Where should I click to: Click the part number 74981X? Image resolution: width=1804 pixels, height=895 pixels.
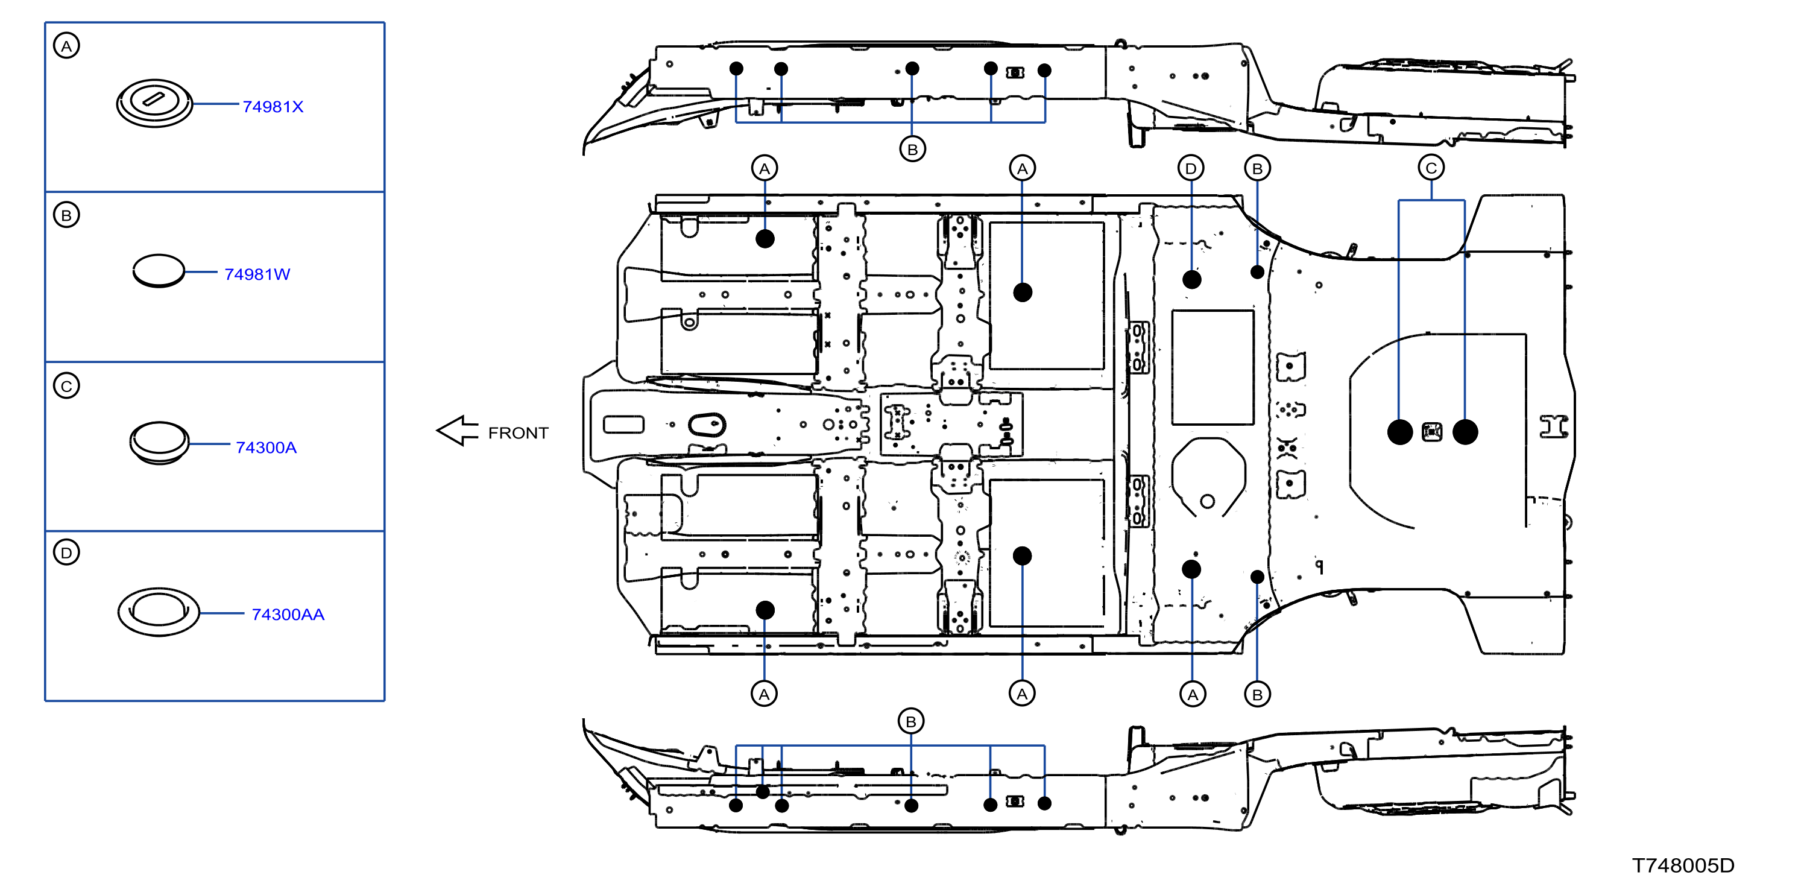tap(273, 107)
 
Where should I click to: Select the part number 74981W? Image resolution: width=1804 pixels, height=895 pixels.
tap(257, 274)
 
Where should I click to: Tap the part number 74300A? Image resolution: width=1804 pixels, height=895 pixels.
tap(266, 447)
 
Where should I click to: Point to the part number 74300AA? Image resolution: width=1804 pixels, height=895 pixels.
tap(288, 614)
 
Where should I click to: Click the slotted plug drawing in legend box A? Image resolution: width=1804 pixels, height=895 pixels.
tap(154, 103)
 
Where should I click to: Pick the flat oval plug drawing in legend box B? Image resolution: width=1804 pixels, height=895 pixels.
tap(158, 270)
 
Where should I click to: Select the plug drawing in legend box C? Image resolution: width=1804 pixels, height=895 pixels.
tap(159, 443)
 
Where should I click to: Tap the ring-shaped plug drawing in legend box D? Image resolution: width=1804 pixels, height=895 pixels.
tap(159, 612)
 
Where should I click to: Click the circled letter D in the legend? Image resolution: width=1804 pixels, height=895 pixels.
tap(66, 552)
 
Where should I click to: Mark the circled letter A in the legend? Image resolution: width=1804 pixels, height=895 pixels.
tap(66, 46)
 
